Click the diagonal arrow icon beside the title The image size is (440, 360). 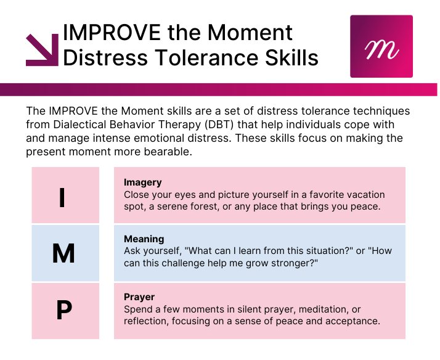click(x=43, y=51)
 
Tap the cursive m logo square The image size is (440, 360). click(x=381, y=46)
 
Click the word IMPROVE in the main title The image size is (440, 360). click(x=112, y=33)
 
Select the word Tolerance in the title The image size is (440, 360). click(x=206, y=58)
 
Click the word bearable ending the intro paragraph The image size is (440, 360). click(x=168, y=152)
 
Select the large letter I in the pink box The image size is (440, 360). click(x=62, y=197)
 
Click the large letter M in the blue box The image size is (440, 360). click(x=63, y=253)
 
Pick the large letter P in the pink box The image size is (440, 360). click(x=64, y=310)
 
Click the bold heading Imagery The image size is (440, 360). click(x=143, y=182)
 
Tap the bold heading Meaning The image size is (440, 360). click(x=144, y=239)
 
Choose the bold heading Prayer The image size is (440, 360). click(x=139, y=297)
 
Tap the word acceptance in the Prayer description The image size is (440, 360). click(x=352, y=321)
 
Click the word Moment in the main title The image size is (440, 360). click(x=250, y=33)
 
